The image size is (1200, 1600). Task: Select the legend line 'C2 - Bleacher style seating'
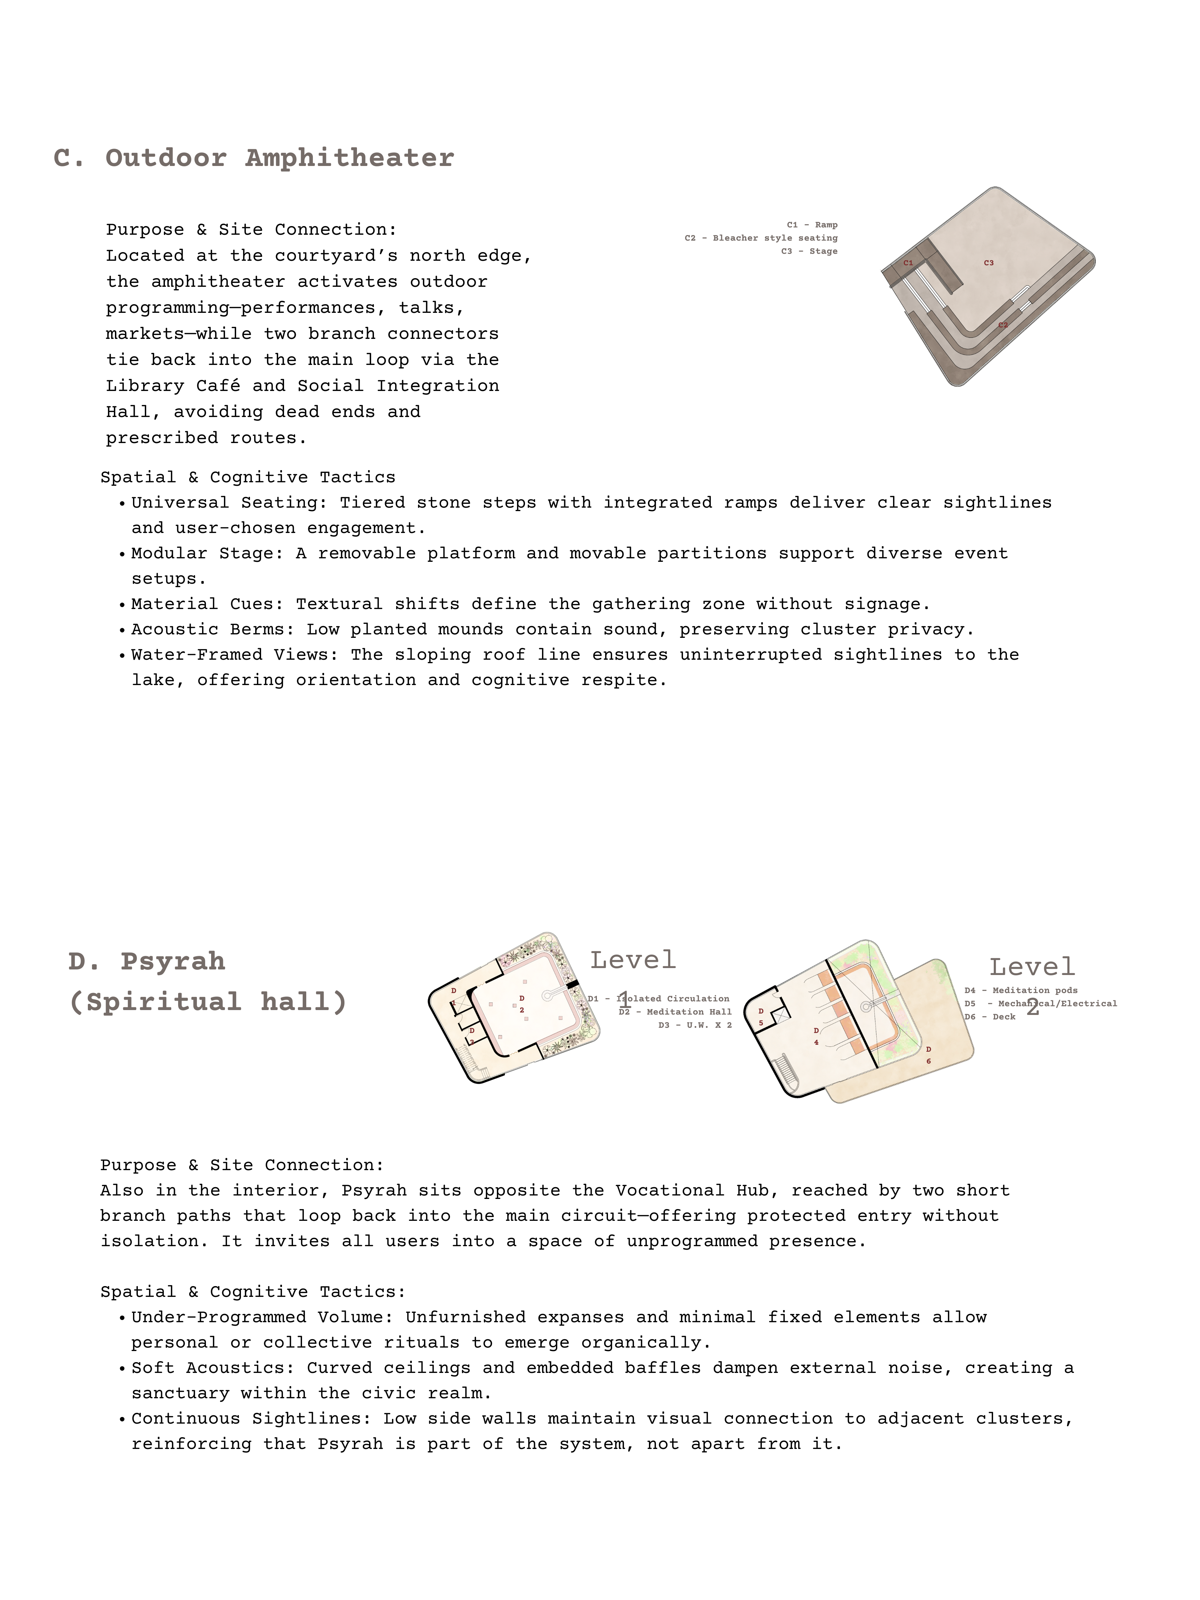click(x=761, y=238)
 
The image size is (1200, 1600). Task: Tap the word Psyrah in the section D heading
click(x=173, y=961)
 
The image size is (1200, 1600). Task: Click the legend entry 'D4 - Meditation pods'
click(x=1020, y=990)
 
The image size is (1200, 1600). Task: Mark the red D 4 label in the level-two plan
click(x=817, y=1036)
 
